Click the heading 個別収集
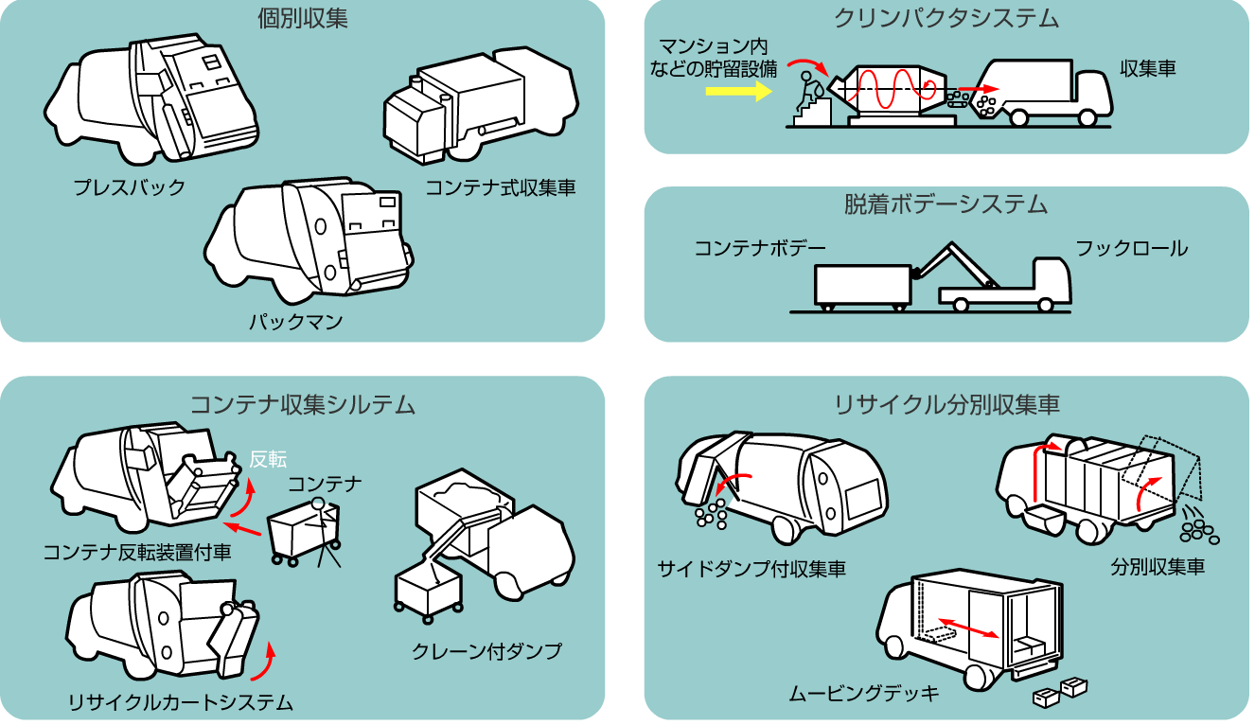click(x=303, y=19)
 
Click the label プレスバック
click(x=130, y=187)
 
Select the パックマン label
click(x=296, y=322)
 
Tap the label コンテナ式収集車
click(x=500, y=187)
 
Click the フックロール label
click(x=1131, y=249)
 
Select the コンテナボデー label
click(x=760, y=249)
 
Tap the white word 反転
click(x=268, y=459)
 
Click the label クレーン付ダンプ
click(x=486, y=651)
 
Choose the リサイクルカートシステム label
click(x=180, y=702)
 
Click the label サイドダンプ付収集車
click(x=751, y=569)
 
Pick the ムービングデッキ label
click(x=864, y=694)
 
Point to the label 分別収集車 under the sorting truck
click(x=1158, y=568)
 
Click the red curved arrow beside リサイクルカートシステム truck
click(x=266, y=662)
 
